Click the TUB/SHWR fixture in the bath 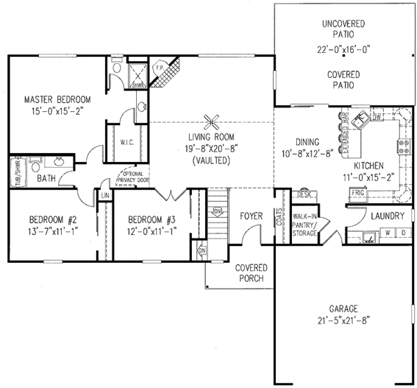[13, 172]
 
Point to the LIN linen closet [105, 196]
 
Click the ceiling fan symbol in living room [211, 119]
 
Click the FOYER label [251, 216]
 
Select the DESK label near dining [304, 195]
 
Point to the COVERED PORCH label [251, 273]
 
